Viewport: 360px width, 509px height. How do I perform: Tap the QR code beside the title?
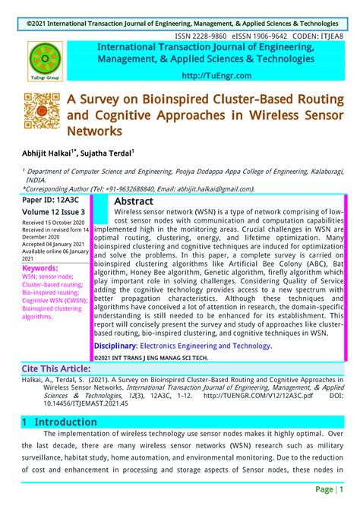click(43, 111)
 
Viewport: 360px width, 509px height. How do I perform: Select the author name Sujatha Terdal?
click(106, 152)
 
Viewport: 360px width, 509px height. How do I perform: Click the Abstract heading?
click(134, 201)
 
